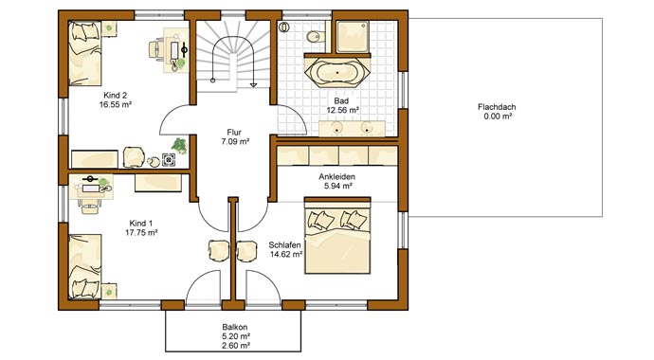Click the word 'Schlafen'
tap(283, 243)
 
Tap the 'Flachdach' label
tap(496, 107)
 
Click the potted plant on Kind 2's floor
tap(177, 147)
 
